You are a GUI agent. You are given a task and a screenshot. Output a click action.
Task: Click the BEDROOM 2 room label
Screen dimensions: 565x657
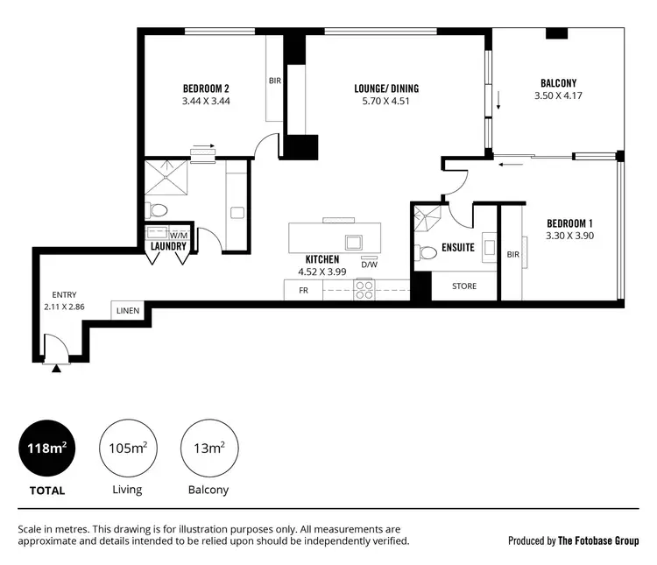pos(206,88)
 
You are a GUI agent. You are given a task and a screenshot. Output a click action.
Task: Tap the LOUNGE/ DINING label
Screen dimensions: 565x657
pos(386,88)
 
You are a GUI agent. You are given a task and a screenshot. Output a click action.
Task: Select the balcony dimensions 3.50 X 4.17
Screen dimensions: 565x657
pos(558,96)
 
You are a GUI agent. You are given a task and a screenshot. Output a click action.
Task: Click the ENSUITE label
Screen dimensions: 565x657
pos(458,248)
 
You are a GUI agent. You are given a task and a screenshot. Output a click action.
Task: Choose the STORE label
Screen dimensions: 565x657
pos(464,286)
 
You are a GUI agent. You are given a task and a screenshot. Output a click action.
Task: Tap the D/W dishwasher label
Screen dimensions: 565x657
pos(369,265)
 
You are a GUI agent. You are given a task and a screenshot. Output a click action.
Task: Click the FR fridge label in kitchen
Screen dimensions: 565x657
pos(303,290)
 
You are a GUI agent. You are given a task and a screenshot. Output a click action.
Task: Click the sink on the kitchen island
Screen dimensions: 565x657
pos(353,243)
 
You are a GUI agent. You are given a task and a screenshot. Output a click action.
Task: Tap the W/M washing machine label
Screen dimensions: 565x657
pos(179,235)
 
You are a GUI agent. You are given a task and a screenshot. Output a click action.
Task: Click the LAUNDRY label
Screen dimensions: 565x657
pos(167,247)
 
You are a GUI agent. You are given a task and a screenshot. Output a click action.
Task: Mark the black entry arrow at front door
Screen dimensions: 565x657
pos(57,369)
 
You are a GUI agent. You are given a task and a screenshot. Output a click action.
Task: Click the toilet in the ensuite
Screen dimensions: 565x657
pos(427,253)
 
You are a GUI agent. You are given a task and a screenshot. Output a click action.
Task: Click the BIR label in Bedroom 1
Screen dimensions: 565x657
pos(512,255)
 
